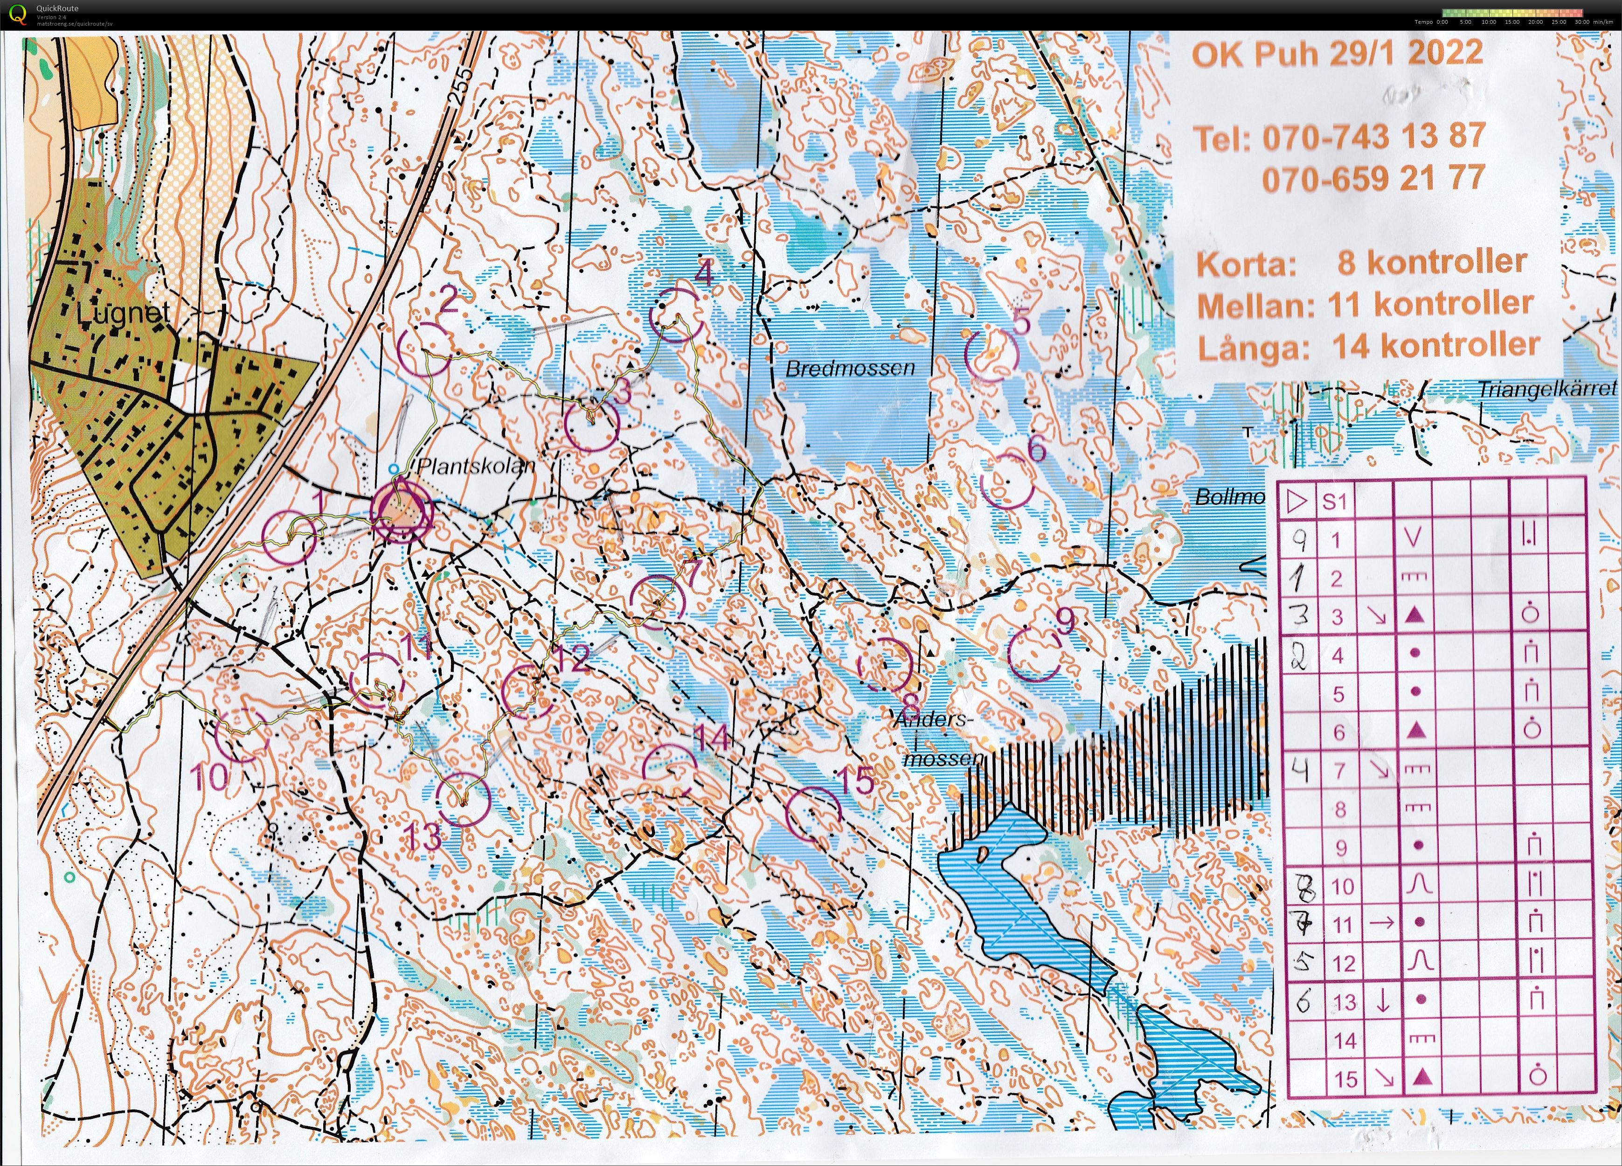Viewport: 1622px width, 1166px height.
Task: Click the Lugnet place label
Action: [x=123, y=313]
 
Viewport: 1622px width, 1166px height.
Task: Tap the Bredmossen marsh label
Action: [x=850, y=369]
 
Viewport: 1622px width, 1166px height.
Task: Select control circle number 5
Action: [x=991, y=355]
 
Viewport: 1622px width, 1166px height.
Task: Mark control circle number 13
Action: [x=464, y=801]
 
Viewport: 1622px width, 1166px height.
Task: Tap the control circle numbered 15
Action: [x=812, y=813]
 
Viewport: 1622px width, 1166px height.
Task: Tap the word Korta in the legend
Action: [x=1246, y=265]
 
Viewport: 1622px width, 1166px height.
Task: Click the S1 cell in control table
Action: [x=1335, y=502]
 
